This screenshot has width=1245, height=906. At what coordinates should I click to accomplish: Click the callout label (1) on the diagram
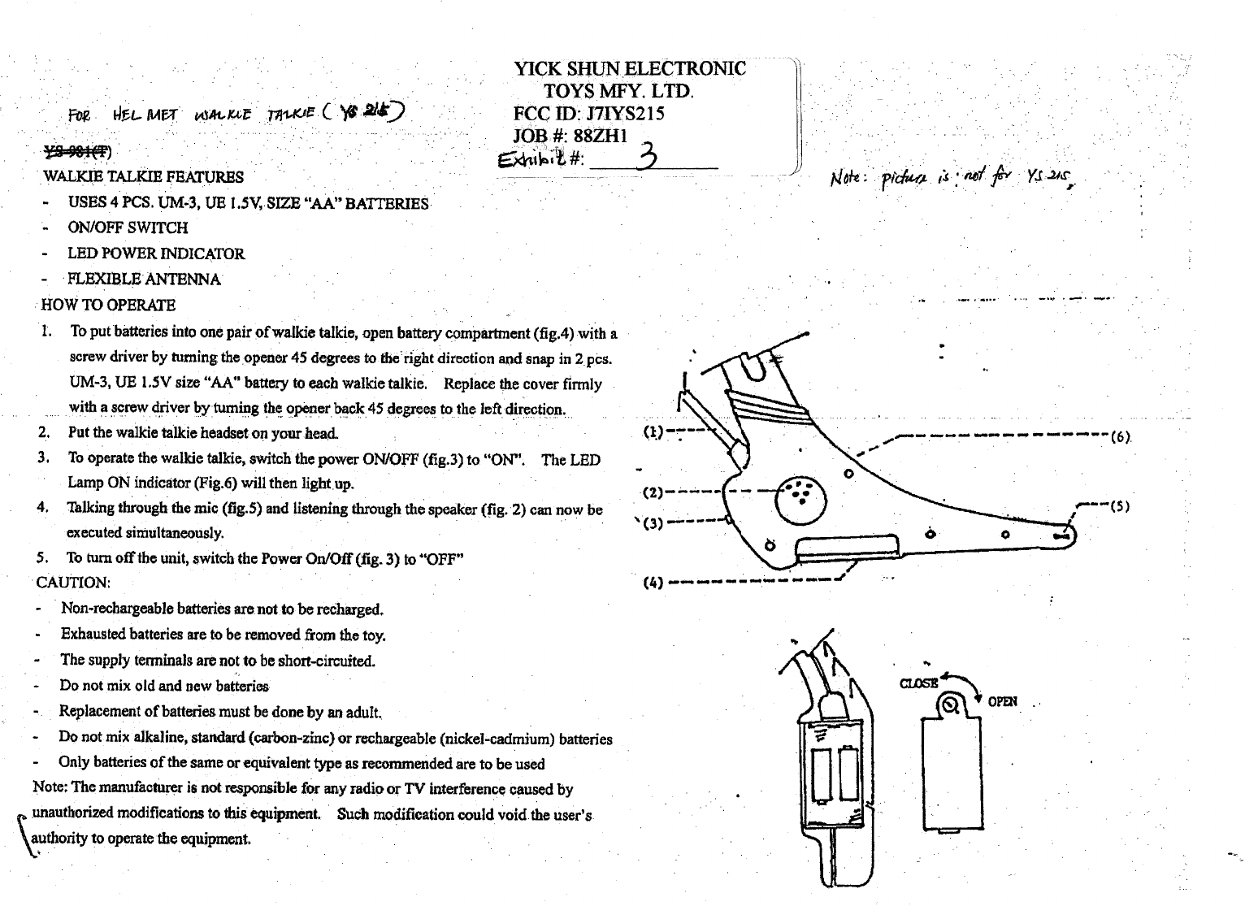[653, 431]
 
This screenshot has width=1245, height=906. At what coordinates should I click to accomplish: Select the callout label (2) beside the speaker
[653, 492]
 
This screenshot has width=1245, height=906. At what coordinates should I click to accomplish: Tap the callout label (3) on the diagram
[653, 522]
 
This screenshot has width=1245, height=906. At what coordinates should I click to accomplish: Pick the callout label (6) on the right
[1121, 436]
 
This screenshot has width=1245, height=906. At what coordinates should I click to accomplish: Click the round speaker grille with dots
[800, 498]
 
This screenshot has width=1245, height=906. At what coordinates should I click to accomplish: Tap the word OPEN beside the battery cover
[1002, 701]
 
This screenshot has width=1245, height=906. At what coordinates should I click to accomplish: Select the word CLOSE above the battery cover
[918, 683]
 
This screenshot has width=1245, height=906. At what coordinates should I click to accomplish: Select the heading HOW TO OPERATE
[108, 306]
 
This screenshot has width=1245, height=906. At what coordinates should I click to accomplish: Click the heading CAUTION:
[73, 583]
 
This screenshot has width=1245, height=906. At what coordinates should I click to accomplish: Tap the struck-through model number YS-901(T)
[77, 150]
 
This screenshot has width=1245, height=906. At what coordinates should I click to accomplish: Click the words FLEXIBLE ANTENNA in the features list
[144, 280]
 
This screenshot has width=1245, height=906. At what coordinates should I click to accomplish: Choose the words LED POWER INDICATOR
[156, 254]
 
